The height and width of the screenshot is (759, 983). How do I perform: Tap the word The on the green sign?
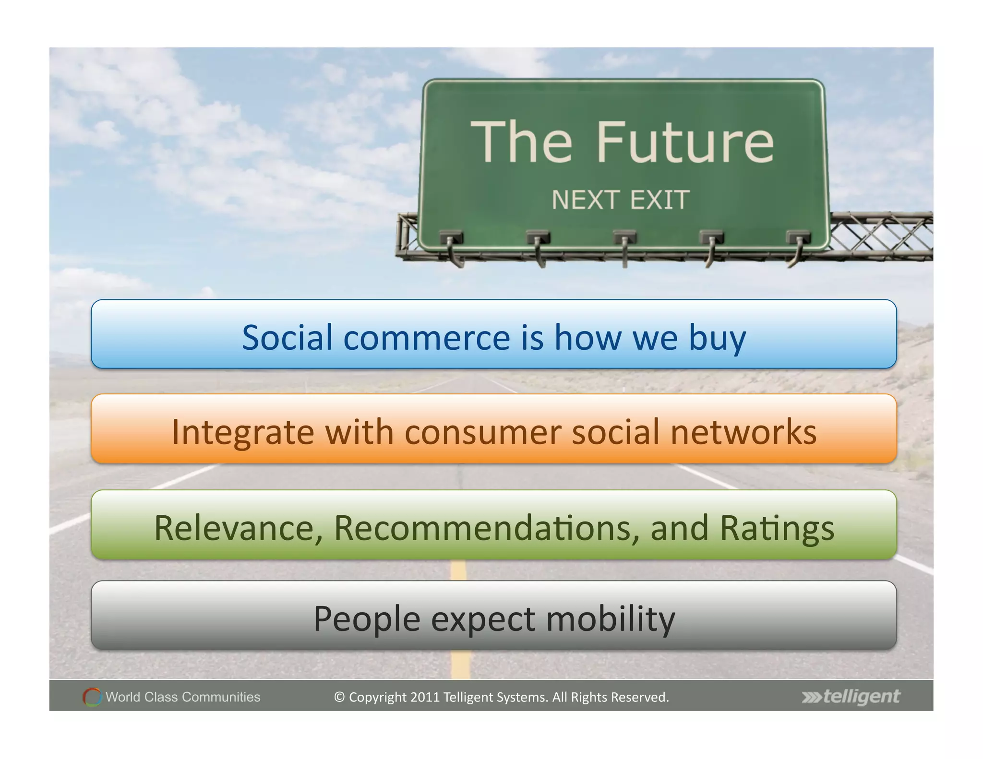[522, 142]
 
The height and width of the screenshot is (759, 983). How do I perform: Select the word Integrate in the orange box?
[243, 432]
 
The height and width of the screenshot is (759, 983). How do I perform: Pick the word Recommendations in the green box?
[487, 528]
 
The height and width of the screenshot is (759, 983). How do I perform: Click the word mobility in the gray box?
[611, 619]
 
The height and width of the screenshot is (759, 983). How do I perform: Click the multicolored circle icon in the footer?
[92, 697]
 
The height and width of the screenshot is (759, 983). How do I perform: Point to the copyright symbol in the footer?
[339, 697]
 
